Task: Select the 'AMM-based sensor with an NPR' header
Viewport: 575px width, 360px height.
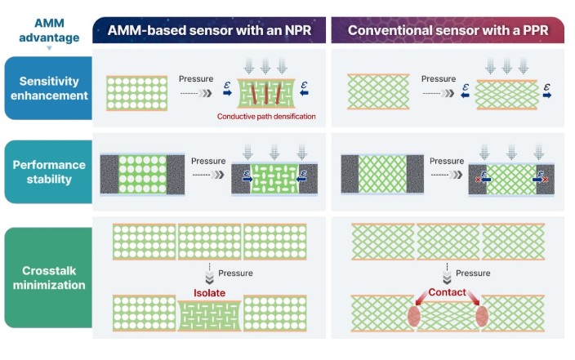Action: pos(210,31)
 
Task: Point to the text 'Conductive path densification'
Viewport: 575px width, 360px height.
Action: pos(265,117)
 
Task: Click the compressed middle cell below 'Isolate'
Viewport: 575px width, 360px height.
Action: pos(210,314)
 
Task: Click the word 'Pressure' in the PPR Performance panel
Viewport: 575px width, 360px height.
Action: pos(446,162)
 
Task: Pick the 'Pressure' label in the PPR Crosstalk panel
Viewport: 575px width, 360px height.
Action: pos(472,273)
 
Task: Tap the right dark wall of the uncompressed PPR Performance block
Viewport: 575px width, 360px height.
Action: pos(415,174)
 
